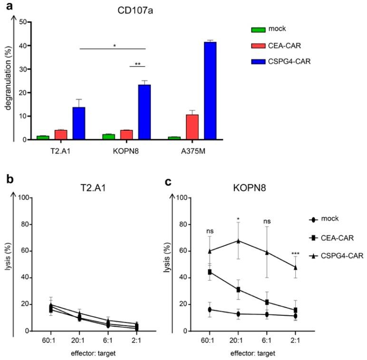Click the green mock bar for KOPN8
(x=108, y=137)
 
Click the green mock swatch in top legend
(x=259, y=29)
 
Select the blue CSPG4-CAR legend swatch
(x=259, y=64)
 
